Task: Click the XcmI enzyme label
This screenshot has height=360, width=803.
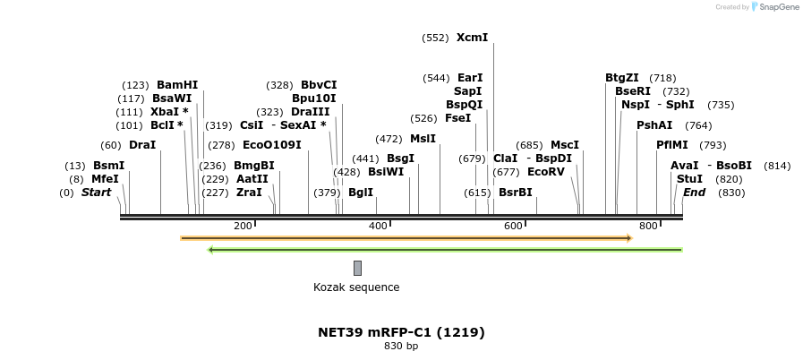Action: (472, 38)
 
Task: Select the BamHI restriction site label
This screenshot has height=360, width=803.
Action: (177, 85)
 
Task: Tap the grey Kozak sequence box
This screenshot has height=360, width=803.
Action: (357, 268)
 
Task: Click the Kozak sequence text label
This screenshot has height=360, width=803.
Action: (356, 287)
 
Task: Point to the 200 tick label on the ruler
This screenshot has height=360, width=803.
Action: (243, 226)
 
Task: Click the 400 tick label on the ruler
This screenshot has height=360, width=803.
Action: (378, 226)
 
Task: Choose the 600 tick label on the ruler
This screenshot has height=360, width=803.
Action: (513, 226)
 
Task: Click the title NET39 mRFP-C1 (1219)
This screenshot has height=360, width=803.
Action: (401, 332)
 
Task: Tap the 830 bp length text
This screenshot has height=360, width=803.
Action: (401, 346)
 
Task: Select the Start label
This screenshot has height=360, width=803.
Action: (96, 193)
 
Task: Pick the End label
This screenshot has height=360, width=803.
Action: (694, 193)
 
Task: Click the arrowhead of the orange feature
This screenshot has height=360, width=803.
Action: (629, 238)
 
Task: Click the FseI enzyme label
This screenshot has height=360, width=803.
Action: (457, 118)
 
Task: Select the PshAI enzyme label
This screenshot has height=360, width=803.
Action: (654, 125)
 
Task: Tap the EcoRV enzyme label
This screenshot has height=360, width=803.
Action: (545, 171)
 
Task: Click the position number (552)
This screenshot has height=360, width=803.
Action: (435, 38)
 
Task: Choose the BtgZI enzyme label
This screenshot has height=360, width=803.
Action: (622, 78)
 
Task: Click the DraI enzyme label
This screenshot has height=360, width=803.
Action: (142, 145)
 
